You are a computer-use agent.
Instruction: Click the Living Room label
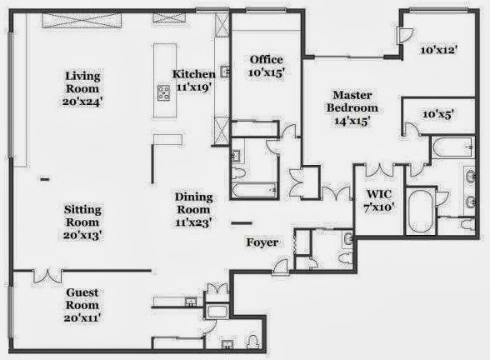click(82, 82)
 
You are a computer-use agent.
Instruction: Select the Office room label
click(267, 59)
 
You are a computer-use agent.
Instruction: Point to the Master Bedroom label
click(352, 102)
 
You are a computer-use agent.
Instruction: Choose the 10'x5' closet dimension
click(438, 114)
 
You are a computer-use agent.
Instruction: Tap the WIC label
click(379, 194)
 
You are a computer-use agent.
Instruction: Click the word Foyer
click(262, 242)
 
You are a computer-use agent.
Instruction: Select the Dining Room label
click(193, 203)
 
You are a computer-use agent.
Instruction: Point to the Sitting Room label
click(82, 216)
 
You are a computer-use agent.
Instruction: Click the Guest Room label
click(82, 298)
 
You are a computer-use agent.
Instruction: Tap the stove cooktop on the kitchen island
click(163, 92)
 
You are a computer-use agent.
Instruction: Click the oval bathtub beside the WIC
click(421, 210)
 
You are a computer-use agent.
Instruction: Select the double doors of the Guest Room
click(47, 277)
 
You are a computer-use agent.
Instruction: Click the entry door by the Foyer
click(280, 267)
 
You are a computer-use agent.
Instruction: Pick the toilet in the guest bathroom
click(252, 342)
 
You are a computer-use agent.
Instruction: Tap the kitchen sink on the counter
click(225, 72)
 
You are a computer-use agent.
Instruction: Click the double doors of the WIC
click(379, 170)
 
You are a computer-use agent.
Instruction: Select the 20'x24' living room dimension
click(82, 102)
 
